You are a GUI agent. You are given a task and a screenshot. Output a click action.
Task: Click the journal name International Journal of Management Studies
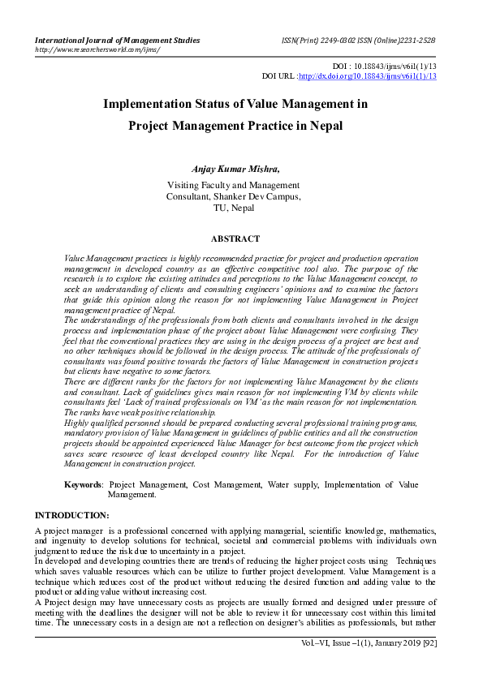point(117,40)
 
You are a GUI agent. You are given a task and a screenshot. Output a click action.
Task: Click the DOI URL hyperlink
point(368,76)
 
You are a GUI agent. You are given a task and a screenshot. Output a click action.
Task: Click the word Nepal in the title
point(325,126)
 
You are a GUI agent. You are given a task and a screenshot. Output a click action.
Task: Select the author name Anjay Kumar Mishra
point(235,169)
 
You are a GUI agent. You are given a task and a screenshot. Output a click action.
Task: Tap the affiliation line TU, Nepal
point(234,208)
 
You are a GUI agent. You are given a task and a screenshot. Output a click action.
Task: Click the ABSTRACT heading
point(235,239)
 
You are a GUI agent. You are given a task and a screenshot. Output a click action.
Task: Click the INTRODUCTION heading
point(71,515)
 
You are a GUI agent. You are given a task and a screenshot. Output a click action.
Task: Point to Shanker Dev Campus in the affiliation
point(261,196)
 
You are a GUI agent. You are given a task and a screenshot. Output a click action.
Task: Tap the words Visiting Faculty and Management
point(234,185)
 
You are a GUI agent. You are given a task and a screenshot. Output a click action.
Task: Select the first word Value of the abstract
point(75,257)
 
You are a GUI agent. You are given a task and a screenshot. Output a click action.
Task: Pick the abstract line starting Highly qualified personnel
point(240,423)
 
